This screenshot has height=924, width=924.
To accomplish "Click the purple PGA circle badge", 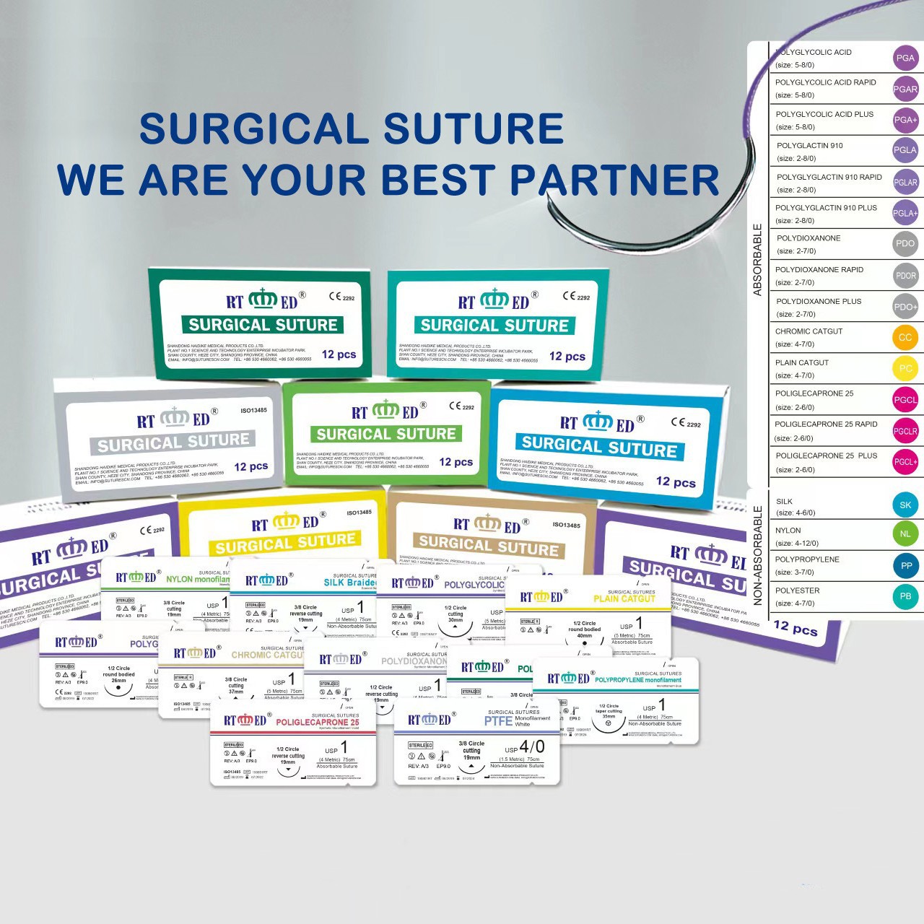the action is [x=905, y=58].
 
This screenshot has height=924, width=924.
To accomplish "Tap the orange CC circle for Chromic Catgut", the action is [x=905, y=337].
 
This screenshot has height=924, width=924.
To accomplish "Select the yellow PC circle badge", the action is [x=905, y=368].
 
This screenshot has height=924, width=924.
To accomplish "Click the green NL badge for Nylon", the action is [x=905, y=534].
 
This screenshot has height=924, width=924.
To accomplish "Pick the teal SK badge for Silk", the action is [x=905, y=505].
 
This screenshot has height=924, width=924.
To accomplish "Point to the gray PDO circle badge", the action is [x=905, y=243].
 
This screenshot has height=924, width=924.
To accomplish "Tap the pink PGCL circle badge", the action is [x=905, y=400].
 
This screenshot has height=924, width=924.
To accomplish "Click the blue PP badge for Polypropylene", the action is [x=906, y=566].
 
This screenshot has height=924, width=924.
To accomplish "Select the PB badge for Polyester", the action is [x=905, y=596].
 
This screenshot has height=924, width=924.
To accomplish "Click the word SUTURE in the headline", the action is [x=473, y=128].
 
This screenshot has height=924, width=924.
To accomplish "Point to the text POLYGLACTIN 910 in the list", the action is [x=809, y=146].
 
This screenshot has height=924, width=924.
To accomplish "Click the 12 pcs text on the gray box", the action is [x=250, y=467].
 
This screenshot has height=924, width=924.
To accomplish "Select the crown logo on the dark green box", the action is [x=263, y=299].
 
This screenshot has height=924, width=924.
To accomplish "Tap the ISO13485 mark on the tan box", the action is [x=566, y=525].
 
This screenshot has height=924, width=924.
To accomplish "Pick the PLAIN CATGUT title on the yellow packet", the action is [x=624, y=599].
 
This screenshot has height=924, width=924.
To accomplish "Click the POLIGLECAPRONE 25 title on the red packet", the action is [x=317, y=722].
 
